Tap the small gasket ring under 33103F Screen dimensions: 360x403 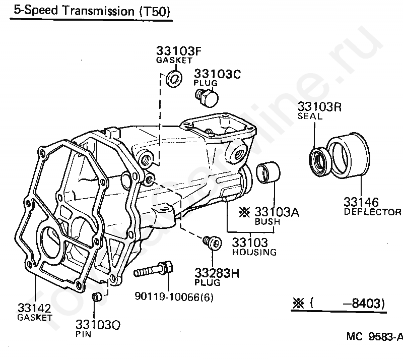(x=174, y=79)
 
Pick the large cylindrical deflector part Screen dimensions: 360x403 (x=347, y=156)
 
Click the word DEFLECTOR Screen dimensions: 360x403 (x=372, y=212)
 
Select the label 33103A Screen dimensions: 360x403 (x=277, y=212)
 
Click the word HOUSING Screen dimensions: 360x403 (x=254, y=252)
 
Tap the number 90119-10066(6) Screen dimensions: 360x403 (x=174, y=297)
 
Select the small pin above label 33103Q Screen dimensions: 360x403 (x=97, y=296)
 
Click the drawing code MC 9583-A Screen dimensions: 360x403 (x=374, y=337)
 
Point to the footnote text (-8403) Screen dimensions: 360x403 (x=348, y=304)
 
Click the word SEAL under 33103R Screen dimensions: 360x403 (x=309, y=116)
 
